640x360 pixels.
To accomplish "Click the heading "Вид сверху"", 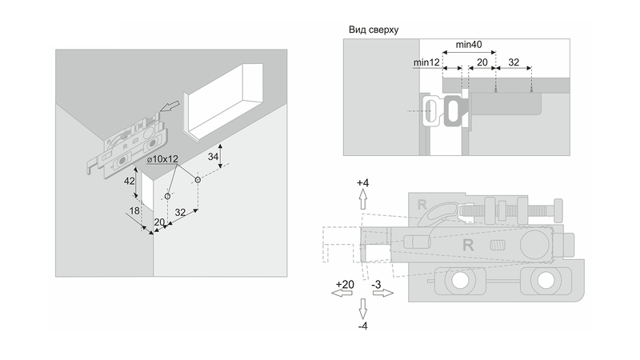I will [x=374, y=30].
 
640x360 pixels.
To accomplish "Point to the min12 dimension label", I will [x=428, y=62].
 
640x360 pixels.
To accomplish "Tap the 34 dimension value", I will [x=212, y=158].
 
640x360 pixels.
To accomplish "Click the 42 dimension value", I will [x=128, y=181].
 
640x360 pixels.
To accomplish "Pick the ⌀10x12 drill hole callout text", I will [x=162, y=159].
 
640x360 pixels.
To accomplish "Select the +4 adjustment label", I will [x=363, y=183].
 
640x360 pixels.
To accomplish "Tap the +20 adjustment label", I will [x=344, y=285].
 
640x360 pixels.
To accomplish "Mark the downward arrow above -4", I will [x=363, y=309].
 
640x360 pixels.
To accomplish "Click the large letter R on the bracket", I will [x=470, y=246].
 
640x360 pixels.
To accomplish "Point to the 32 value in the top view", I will [x=514, y=62].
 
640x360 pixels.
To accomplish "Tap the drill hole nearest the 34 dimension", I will [x=197, y=182].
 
